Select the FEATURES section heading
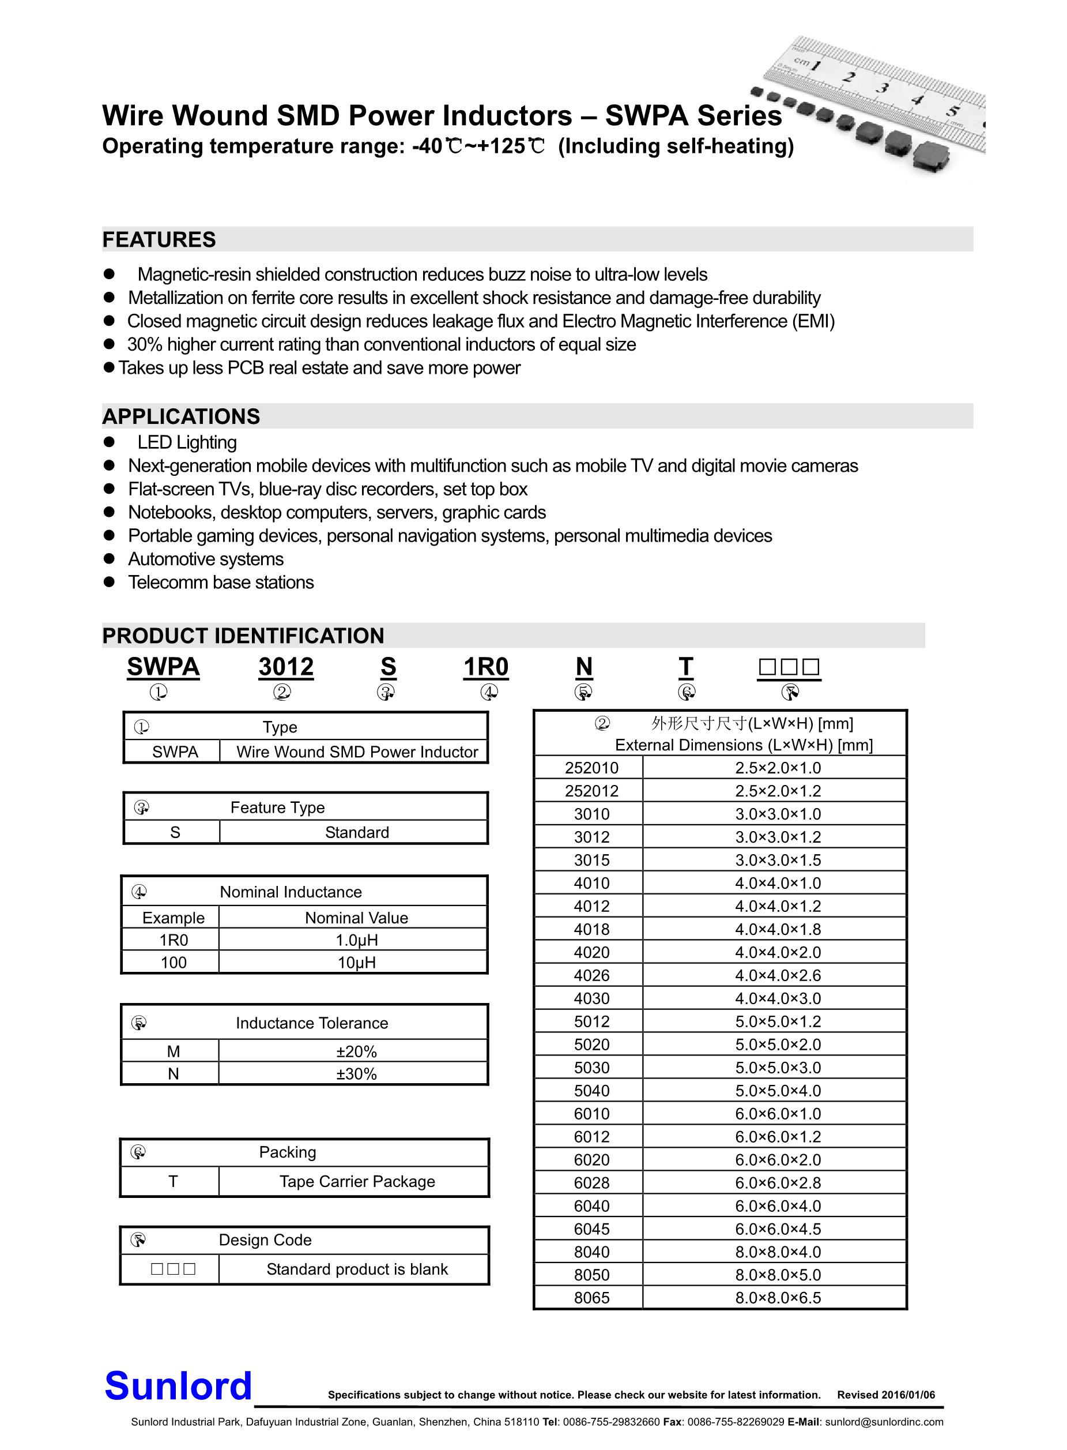tap(159, 240)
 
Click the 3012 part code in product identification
tap(286, 667)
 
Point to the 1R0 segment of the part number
tap(486, 667)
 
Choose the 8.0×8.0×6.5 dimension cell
tap(778, 1298)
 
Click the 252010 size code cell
tap(591, 768)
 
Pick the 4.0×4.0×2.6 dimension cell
tap(778, 975)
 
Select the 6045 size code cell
tap(591, 1229)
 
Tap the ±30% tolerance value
tap(356, 1074)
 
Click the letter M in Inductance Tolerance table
tap(173, 1051)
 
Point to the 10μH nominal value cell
tap(356, 962)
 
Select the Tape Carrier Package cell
tap(356, 1181)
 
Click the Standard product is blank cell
tap(356, 1269)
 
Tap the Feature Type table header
tap(278, 807)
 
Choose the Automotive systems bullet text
tap(205, 559)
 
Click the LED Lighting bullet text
tap(187, 442)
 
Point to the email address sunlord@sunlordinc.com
tap(884, 1422)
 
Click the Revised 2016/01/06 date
tap(885, 1395)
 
